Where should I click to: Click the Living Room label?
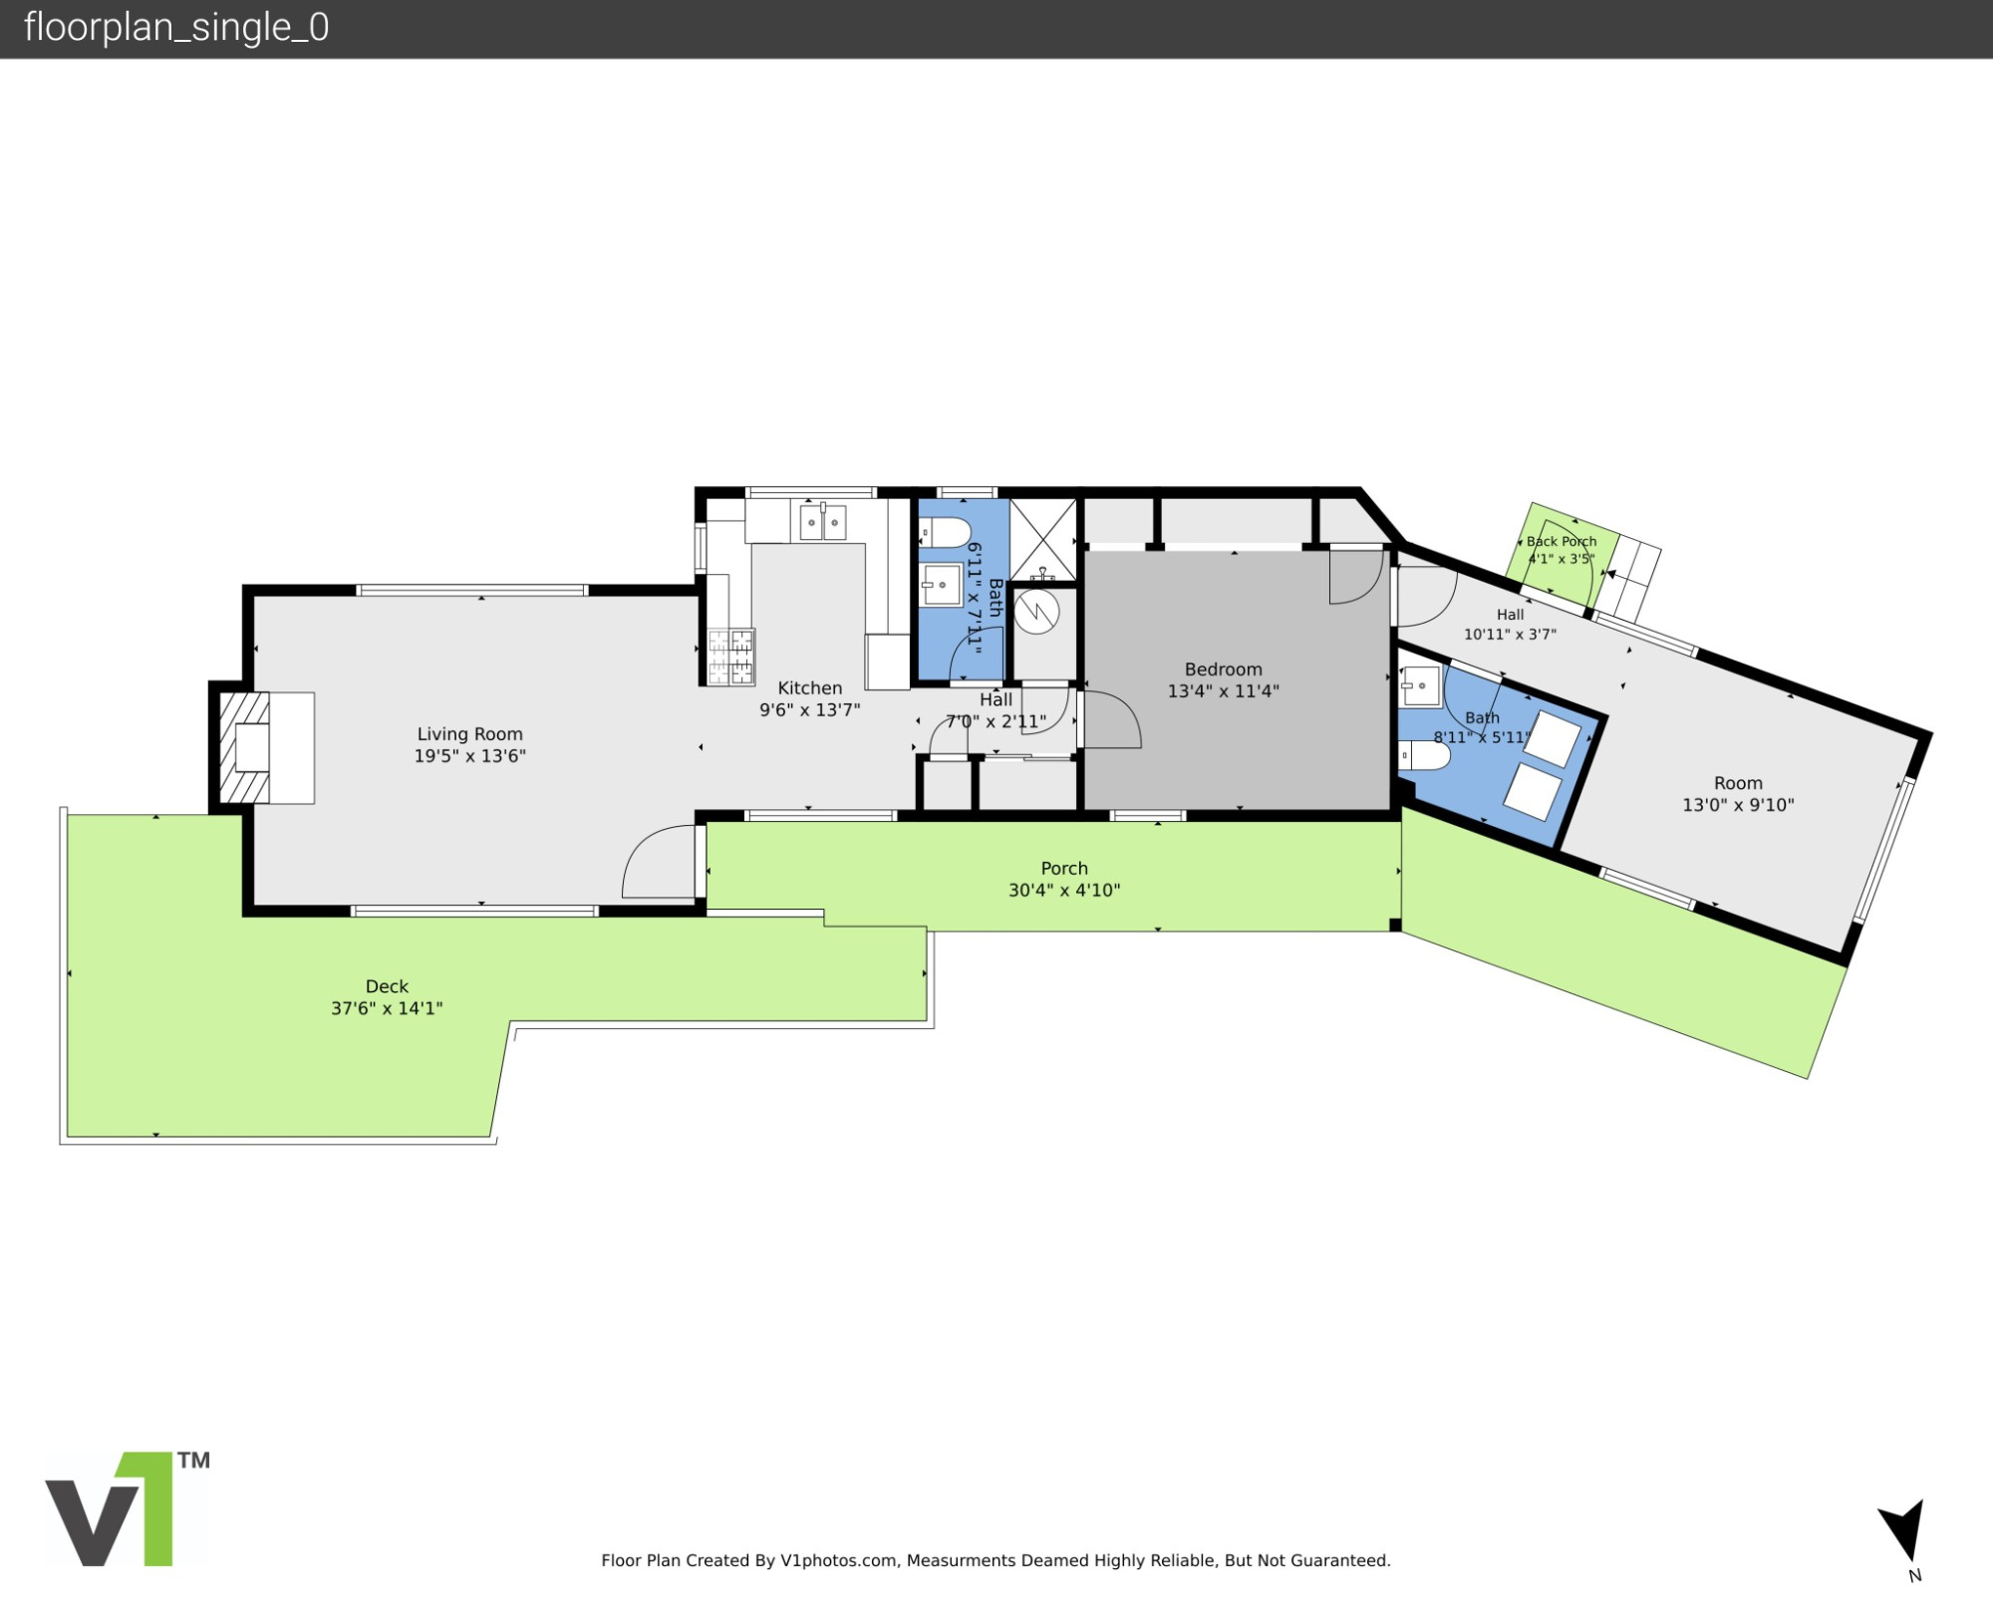click(x=469, y=734)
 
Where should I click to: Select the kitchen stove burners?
click(x=730, y=658)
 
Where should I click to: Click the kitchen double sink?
click(x=822, y=522)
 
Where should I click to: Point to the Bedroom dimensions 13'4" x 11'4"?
click(x=1223, y=690)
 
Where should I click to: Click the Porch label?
click(x=1064, y=869)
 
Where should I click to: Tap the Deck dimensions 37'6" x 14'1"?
click(x=387, y=1008)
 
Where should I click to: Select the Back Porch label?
click(x=1562, y=541)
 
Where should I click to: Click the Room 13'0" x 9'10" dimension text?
click(x=1738, y=805)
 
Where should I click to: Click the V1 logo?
click(x=127, y=1508)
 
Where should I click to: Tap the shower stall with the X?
click(x=1043, y=539)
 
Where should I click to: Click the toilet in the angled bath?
click(x=1424, y=756)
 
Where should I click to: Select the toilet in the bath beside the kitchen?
click(x=943, y=533)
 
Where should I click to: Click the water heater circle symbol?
click(x=1036, y=611)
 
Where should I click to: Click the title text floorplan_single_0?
click(x=176, y=27)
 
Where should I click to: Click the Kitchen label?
click(x=809, y=687)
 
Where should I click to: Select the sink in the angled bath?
click(x=1420, y=686)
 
